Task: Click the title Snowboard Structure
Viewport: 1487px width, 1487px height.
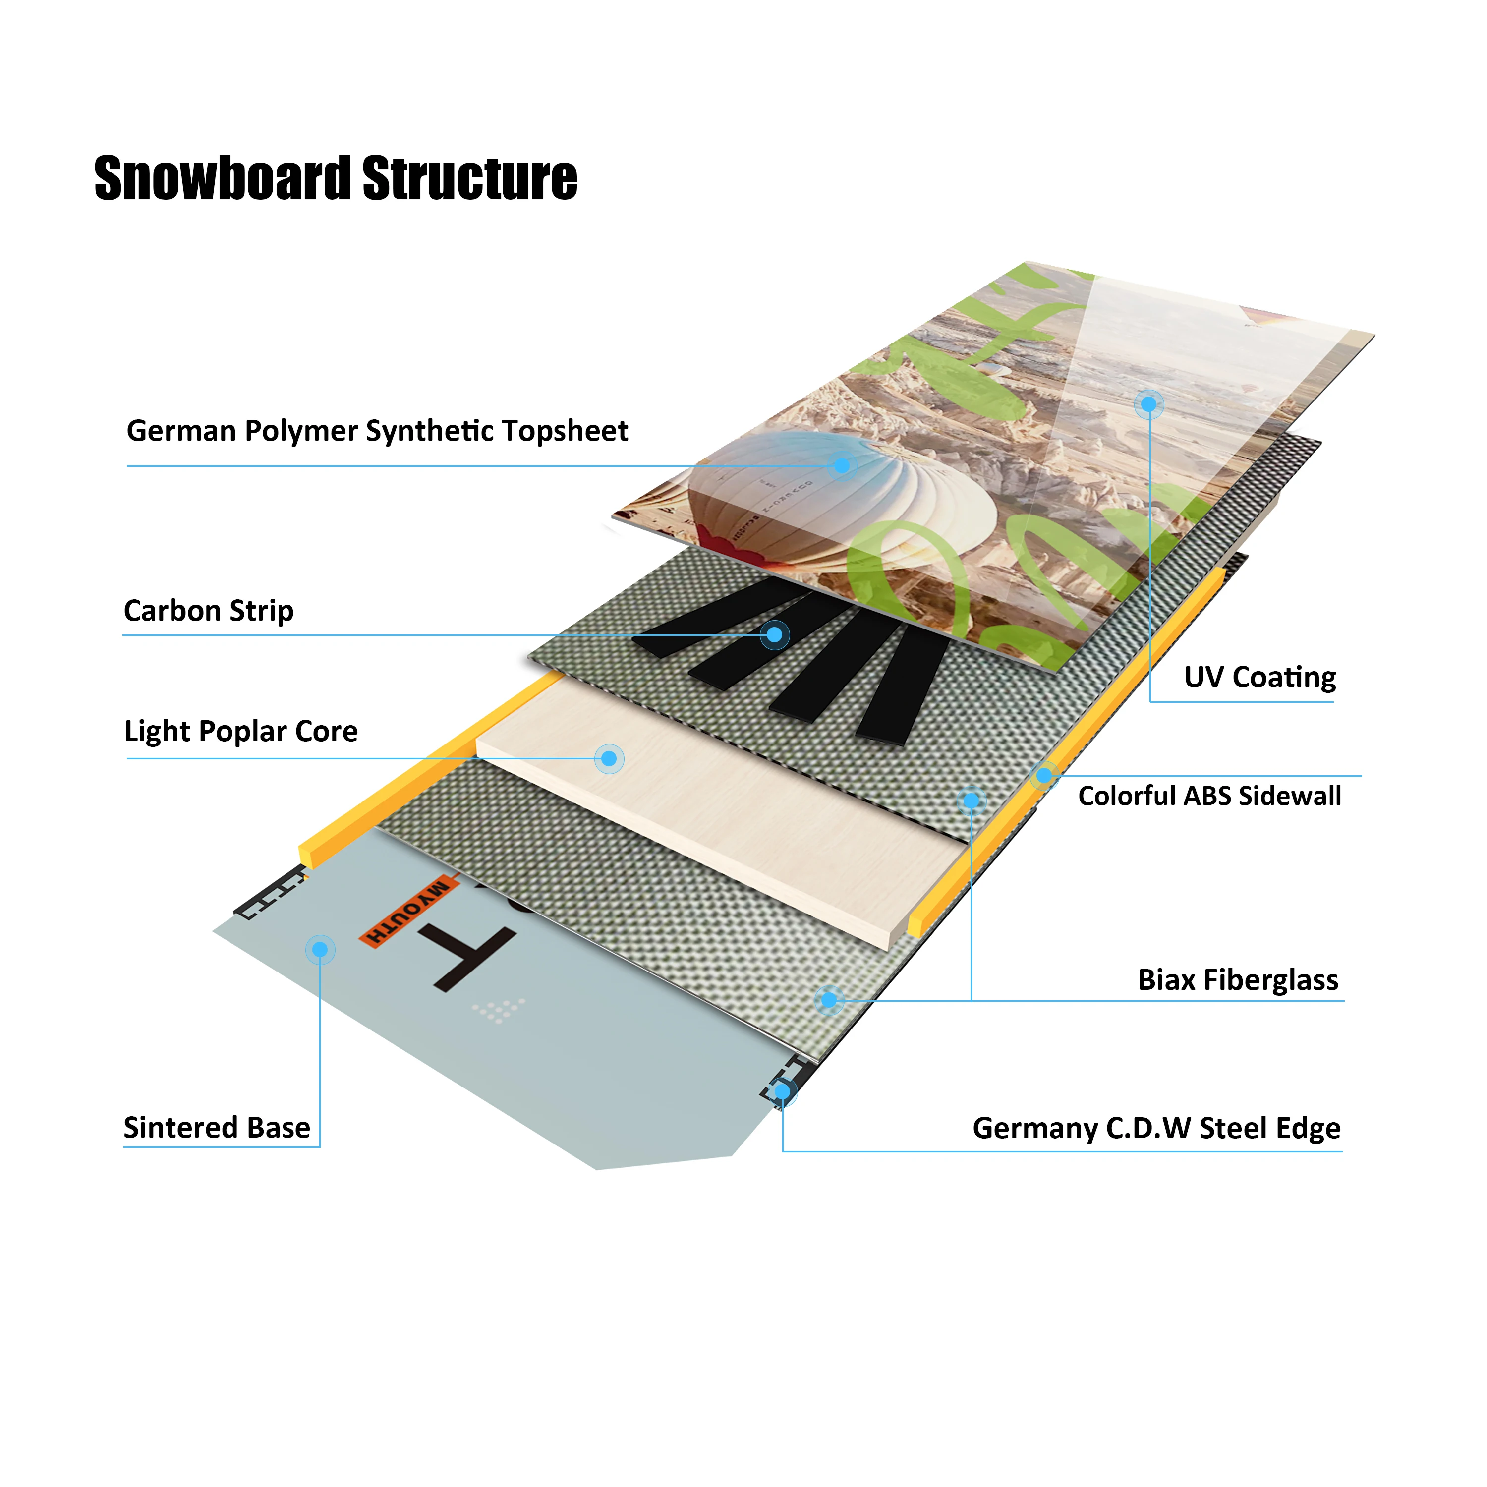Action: point(336,178)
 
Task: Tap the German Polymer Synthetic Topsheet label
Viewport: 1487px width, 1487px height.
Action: point(377,431)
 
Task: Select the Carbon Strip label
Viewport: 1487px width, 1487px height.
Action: point(209,611)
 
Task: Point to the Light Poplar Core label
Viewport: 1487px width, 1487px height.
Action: point(241,731)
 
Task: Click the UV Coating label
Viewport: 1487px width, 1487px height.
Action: point(1259,677)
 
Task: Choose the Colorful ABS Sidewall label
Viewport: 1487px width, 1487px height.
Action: point(1209,796)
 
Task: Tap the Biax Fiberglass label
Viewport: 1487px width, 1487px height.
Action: point(1238,980)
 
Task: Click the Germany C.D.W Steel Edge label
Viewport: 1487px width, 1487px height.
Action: point(1156,1128)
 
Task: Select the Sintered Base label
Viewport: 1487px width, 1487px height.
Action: point(217,1128)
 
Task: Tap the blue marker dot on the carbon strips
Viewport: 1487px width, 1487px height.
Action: point(775,635)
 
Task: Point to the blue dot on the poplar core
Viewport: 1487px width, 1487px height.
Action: point(609,759)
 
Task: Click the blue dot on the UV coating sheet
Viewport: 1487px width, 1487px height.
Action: point(1148,404)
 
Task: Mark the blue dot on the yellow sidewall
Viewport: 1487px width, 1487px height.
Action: point(1044,776)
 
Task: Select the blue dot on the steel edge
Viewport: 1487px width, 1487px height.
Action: point(782,1092)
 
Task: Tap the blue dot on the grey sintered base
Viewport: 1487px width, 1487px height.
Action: point(320,950)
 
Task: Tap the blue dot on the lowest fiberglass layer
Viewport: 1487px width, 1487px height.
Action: point(828,1000)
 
